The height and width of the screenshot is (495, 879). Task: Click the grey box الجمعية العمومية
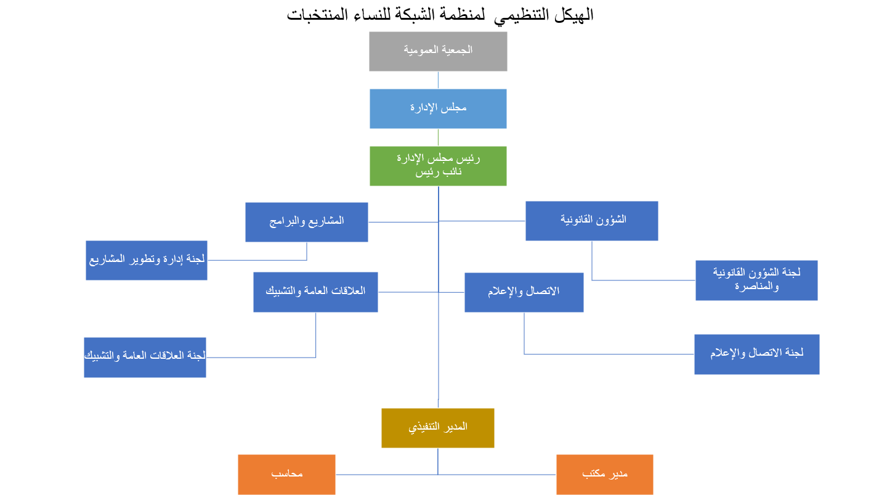click(438, 51)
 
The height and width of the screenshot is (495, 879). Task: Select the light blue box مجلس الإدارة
click(438, 108)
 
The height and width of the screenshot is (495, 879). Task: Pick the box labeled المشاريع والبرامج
click(306, 222)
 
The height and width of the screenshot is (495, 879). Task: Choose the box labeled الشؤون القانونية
click(591, 221)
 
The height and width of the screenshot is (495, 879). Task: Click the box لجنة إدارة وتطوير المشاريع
click(146, 260)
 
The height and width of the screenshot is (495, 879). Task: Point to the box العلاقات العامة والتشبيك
click(315, 292)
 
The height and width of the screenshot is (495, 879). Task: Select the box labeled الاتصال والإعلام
click(524, 292)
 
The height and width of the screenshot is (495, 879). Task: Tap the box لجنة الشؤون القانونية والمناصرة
click(756, 280)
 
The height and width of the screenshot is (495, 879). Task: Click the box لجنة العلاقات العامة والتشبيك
click(145, 357)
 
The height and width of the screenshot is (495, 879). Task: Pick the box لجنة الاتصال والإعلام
click(756, 354)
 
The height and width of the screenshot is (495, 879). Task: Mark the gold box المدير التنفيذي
click(438, 428)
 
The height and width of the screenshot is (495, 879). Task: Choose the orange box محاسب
click(286, 475)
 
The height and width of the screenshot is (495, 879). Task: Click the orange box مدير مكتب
click(604, 475)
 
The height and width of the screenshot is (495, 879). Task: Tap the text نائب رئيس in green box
click(438, 173)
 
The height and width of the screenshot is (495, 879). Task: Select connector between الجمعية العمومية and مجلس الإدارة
click(438, 80)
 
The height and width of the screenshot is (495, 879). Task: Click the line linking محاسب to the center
click(386, 475)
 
